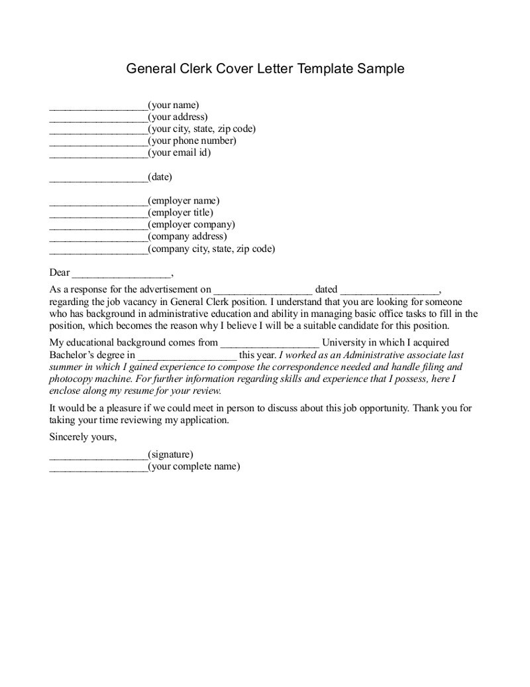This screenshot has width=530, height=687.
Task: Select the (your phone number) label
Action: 192,141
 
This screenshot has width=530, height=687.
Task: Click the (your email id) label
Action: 180,153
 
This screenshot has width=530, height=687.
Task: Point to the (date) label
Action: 160,177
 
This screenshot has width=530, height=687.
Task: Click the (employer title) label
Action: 181,213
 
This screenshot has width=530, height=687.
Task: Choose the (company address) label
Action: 187,237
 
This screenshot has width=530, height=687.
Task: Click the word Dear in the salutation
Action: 60,272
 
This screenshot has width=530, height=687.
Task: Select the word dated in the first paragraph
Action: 327,289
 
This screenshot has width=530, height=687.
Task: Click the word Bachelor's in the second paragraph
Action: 73,355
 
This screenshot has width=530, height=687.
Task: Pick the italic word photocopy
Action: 70,379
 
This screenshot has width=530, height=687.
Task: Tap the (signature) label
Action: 170,454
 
